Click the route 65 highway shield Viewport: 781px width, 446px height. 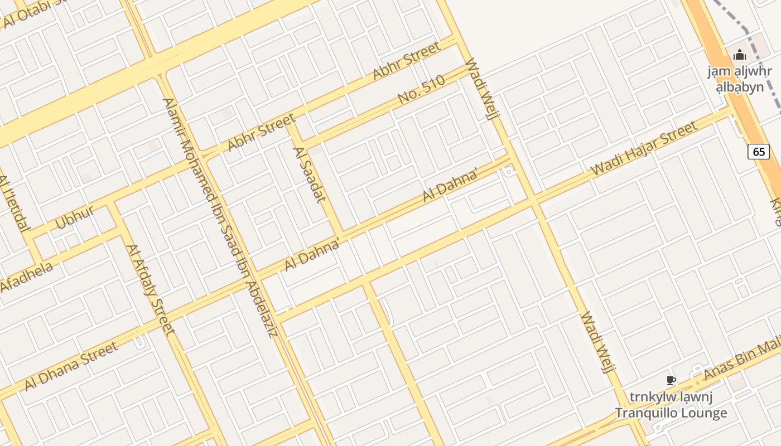759,152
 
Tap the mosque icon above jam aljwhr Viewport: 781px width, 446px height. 740,55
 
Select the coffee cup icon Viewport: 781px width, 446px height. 671,381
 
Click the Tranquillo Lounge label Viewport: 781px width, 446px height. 671,413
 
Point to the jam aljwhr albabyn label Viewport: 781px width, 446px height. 740,79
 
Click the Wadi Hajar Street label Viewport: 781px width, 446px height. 644,148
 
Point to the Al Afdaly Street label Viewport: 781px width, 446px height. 150,289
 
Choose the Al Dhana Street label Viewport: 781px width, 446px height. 71,366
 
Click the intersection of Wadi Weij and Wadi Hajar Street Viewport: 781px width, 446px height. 533,199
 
